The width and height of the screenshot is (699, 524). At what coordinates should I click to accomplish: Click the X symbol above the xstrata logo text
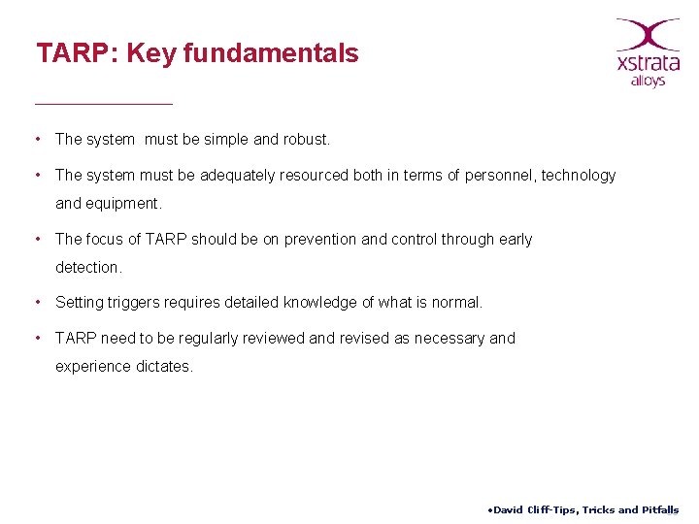(648, 34)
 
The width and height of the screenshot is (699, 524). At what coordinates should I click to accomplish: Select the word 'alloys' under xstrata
(648, 82)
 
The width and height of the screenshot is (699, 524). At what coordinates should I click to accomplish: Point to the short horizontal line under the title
(103, 103)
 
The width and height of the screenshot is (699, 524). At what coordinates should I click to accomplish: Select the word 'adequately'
(238, 176)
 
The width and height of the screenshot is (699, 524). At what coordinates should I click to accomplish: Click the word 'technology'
(579, 176)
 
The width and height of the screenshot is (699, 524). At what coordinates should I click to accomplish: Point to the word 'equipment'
(122, 204)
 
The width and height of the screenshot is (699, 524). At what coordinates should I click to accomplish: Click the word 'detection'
(87, 267)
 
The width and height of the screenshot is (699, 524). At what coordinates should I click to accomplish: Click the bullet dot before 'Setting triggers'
(36, 303)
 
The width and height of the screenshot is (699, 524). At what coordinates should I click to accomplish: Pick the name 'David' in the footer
(508, 510)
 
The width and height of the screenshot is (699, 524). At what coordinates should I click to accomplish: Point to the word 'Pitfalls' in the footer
(660, 510)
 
